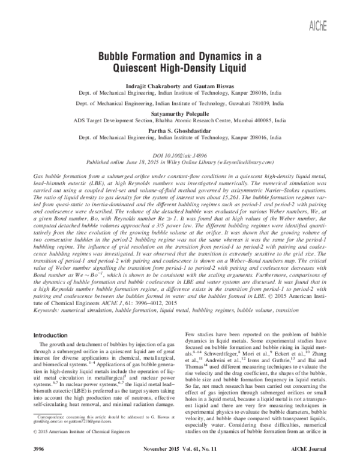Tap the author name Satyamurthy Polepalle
pyautogui.click(x=179, y=112)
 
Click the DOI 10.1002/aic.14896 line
pyautogui.click(x=179, y=154)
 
